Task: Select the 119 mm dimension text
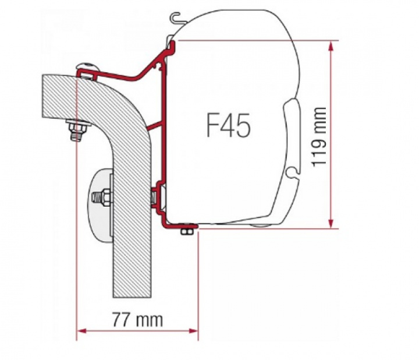[319, 136]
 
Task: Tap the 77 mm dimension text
[138, 320]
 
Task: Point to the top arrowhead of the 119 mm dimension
[331, 45]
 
